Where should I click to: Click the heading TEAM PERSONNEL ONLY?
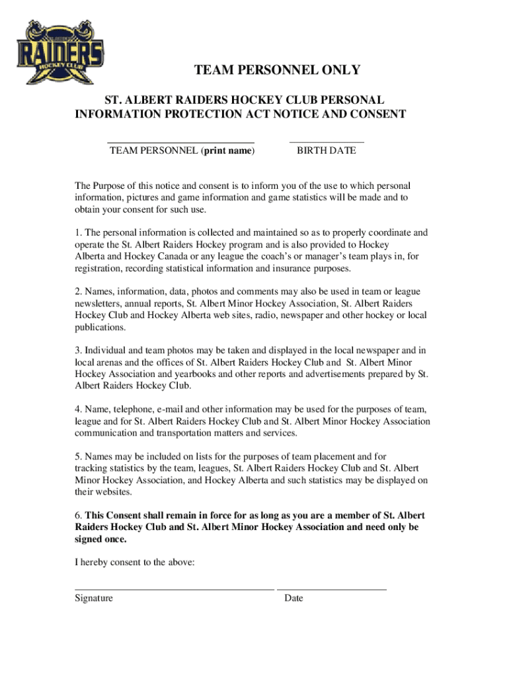pyautogui.click(x=277, y=71)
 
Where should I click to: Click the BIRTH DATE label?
pyautogui.click(x=326, y=151)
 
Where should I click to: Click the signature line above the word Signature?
pyautogui.click(x=174, y=589)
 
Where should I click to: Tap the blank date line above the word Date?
pyautogui.click(x=332, y=589)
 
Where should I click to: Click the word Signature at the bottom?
pyautogui.click(x=93, y=598)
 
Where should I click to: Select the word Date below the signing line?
pyautogui.click(x=294, y=598)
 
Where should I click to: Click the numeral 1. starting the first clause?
pyautogui.click(x=78, y=232)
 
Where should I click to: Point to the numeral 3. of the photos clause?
pyautogui.click(x=78, y=351)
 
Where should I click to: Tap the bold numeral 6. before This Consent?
pyautogui.click(x=79, y=515)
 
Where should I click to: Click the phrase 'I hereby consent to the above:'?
pyautogui.click(x=134, y=563)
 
